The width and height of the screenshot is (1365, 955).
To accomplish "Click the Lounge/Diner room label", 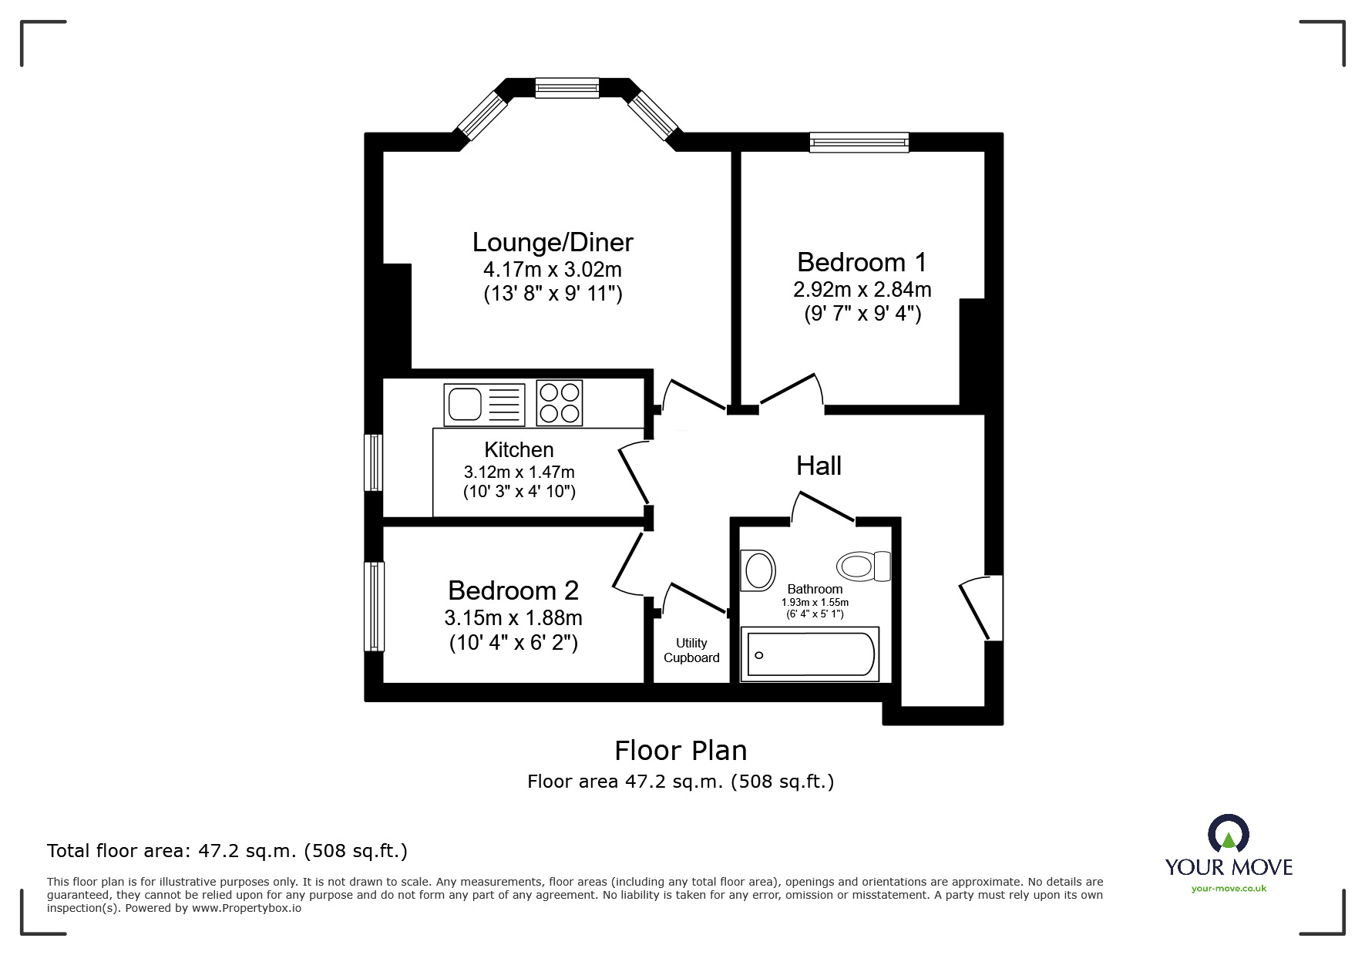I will point(553,242).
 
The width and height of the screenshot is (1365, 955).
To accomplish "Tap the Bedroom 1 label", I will point(861,262).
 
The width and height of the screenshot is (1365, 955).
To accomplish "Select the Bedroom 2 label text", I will point(513,590).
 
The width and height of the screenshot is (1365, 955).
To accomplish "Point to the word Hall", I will point(819,466).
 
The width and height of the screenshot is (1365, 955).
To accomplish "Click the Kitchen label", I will point(519,449).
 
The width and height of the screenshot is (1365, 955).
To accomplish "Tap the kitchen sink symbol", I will point(484,404).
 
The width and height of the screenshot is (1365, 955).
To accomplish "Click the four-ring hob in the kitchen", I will point(560,403).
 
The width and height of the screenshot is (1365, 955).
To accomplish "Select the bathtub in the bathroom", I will point(809,654).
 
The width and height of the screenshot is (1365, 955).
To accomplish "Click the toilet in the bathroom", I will point(863,567).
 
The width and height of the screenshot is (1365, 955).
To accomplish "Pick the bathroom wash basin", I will point(758,570).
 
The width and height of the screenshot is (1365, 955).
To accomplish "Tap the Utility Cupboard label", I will point(691,650).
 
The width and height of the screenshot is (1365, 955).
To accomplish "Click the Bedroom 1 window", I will point(859,143).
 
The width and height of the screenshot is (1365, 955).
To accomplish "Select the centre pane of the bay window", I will point(567,88).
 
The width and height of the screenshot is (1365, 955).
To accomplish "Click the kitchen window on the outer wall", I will point(373,462).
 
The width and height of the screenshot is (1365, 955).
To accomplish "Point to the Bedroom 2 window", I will point(374,606).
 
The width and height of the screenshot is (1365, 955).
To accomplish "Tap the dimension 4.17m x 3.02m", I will point(552,270).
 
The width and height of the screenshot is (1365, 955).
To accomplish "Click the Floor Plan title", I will point(681,750).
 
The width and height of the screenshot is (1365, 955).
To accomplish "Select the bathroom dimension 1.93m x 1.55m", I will point(815,602).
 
